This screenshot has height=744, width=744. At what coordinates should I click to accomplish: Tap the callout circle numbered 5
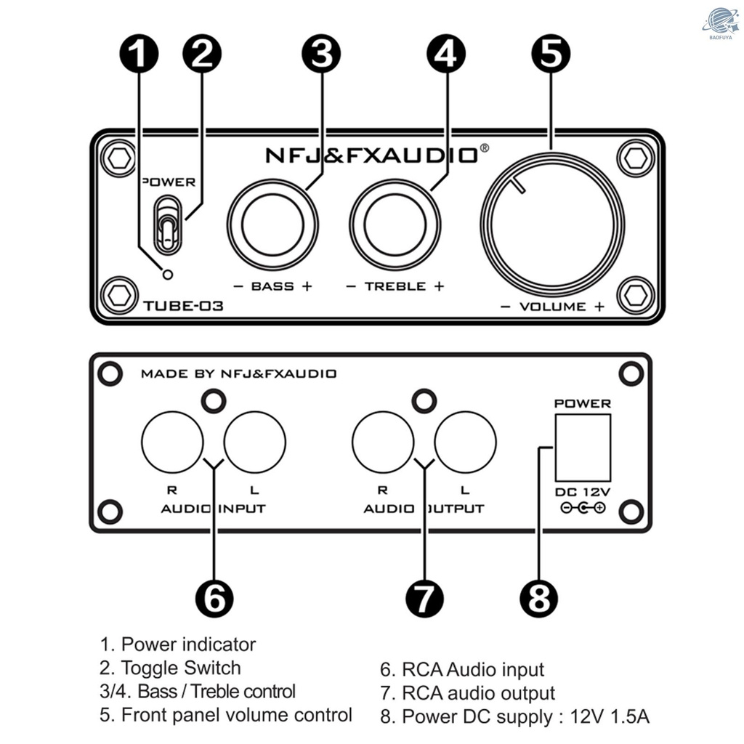tap(550, 56)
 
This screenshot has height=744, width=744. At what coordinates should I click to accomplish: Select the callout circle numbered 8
tap(539, 599)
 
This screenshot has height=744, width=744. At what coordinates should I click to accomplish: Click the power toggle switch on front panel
tap(169, 225)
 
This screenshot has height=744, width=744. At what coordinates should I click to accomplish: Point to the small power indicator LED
tap(167, 274)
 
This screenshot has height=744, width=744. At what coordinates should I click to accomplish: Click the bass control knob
tap(272, 225)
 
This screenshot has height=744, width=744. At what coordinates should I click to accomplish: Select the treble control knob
tap(395, 225)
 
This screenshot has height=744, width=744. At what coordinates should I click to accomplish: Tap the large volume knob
tap(553, 225)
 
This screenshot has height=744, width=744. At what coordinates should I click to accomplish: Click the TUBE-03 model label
tap(183, 306)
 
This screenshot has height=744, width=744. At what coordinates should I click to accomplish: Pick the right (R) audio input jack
tap(172, 442)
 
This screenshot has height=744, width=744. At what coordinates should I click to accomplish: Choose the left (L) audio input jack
tap(254, 442)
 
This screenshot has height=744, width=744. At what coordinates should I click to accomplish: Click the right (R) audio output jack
tap(383, 442)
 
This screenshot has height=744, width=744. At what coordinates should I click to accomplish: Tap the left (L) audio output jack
tap(465, 442)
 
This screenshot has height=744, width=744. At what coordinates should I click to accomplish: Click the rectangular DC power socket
tap(583, 447)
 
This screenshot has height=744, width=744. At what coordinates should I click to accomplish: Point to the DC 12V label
tap(583, 492)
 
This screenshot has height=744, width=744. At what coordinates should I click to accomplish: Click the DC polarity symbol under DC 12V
tap(583, 508)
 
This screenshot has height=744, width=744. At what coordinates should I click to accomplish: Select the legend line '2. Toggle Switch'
tap(169, 667)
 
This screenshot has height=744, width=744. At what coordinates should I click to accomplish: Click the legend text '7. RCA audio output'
tap(467, 693)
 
